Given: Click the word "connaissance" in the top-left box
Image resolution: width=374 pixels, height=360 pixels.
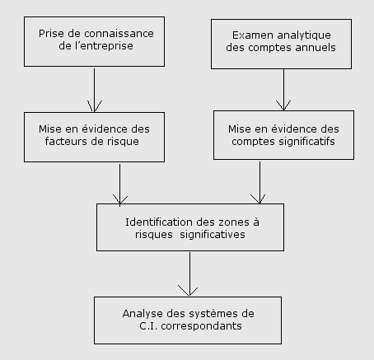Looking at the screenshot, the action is pos(119,34).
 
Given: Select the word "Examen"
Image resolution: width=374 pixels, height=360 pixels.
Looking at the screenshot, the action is pos(253,35).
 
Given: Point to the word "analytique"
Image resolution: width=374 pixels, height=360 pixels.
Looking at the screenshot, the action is pos(304,35).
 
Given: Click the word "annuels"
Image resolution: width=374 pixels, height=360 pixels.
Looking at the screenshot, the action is pos(316,48).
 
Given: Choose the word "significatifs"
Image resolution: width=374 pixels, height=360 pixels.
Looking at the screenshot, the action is pos(306,142).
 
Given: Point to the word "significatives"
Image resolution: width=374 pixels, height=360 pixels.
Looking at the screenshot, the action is pos(213,235).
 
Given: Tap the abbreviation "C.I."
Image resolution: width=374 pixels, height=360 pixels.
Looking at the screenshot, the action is pos(148,326).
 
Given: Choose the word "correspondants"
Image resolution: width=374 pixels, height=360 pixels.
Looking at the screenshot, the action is pos(201,326).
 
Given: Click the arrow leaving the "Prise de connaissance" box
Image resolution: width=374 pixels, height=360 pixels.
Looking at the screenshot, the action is pos(94,91).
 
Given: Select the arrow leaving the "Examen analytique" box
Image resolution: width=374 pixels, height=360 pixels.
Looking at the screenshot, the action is pos(283,90).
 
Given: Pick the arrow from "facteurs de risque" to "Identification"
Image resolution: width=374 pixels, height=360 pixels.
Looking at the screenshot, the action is pos(119,185).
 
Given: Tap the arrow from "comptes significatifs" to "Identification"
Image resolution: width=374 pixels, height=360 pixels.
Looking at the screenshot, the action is pos(259,183).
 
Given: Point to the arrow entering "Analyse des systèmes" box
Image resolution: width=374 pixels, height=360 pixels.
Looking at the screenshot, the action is pos(189,274).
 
